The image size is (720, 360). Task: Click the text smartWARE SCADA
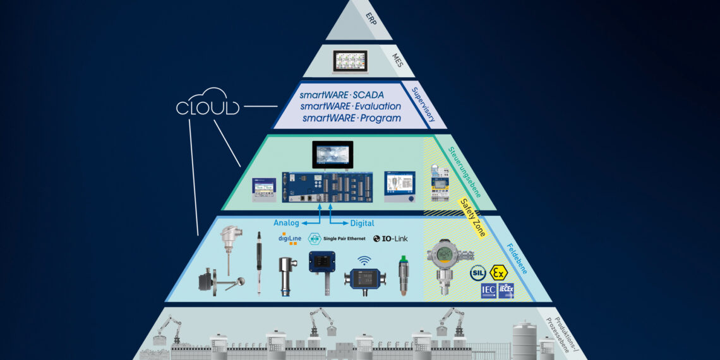(x=351, y=95)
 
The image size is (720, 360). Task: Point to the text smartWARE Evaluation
(x=351, y=106)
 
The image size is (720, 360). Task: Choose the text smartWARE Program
(x=351, y=118)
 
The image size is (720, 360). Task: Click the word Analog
(x=286, y=223)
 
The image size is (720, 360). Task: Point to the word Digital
(x=361, y=223)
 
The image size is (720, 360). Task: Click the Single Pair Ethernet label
(x=336, y=238)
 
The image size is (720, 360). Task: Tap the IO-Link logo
(x=390, y=238)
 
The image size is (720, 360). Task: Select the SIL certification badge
(x=477, y=273)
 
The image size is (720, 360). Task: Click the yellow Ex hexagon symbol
(x=498, y=273)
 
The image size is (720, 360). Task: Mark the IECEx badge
(x=506, y=291)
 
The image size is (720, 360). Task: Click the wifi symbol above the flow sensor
(x=364, y=260)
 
